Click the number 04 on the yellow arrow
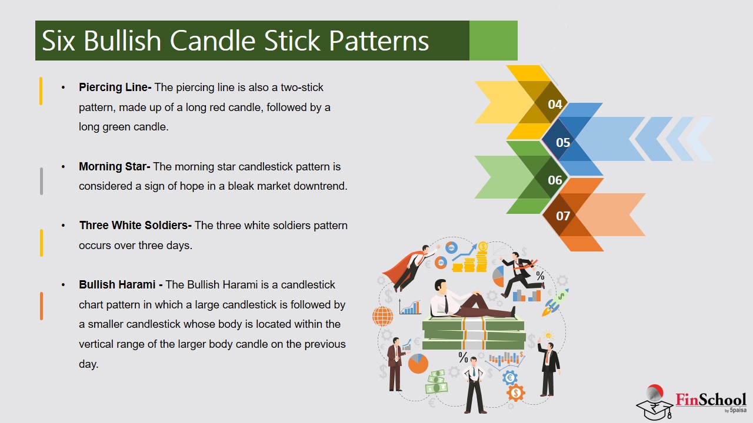[555, 105]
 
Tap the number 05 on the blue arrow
[563, 142]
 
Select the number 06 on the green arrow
[555, 180]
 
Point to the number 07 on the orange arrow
[563, 216]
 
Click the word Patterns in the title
[379, 41]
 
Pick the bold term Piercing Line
[115, 88]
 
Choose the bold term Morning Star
[115, 167]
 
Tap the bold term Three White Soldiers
[135, 226]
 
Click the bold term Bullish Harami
[121, 285]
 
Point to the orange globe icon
[382, 316]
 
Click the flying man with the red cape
[409, 267]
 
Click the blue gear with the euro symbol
[509, 377]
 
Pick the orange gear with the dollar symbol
[515, 392]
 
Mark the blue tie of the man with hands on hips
[474, 372]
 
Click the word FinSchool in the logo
[710, 399]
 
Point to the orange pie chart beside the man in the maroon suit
[418, 364]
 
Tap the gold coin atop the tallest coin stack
[483, 246]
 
